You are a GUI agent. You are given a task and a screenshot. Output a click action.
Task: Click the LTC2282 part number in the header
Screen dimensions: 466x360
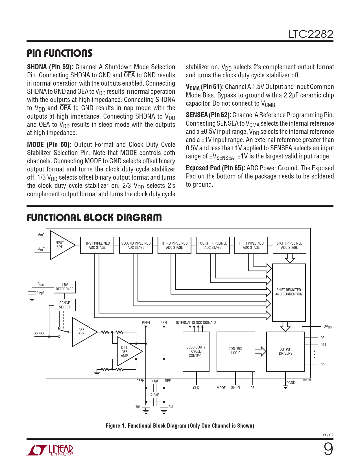point(311,34)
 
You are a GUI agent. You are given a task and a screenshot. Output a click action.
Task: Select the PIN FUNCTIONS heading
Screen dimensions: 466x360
point(60,53)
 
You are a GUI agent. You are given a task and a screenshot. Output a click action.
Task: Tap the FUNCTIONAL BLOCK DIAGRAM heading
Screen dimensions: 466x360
point(94,217)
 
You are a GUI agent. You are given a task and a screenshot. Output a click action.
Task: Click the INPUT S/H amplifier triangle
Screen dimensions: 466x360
point(61,245)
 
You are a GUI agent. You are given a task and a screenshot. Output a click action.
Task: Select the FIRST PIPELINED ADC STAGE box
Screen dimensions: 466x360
point(97,245)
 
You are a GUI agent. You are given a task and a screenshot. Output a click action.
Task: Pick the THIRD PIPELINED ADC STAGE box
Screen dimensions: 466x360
point(174,245)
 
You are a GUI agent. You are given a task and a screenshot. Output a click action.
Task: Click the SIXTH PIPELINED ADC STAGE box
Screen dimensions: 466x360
point(289,245)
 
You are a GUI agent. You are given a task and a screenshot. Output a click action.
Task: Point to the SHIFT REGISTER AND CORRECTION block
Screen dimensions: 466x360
point(289,292)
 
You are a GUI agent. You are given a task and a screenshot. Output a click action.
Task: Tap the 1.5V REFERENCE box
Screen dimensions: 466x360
point(65,287)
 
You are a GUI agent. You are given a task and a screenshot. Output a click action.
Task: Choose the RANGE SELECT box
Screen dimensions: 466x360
point(65,305)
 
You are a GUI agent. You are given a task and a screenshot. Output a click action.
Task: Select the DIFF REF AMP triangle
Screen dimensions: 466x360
point(126,352)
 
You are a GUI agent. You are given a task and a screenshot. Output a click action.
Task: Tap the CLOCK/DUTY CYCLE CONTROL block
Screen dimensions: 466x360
point(196,352)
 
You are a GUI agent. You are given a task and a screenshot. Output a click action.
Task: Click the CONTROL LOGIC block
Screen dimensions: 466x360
point(236,351)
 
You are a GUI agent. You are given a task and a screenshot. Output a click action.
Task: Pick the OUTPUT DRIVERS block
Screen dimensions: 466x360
point(285,352)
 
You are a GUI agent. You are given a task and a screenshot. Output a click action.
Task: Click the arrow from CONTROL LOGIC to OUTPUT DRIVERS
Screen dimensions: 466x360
point(261,352)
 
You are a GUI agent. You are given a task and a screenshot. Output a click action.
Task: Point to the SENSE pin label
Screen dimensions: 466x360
point(40,334)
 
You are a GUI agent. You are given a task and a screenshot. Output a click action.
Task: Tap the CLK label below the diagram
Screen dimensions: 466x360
point(196,388)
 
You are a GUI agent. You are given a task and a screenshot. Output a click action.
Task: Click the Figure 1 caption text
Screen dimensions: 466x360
point(180,426)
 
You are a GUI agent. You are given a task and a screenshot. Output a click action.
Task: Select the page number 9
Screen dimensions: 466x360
point(328,449)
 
